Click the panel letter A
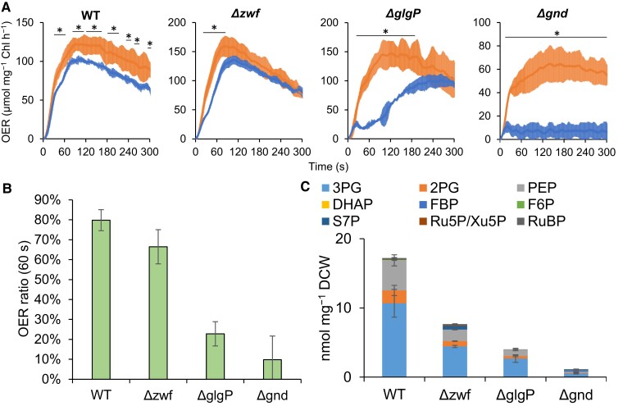pyautogui.click(x=7, y=7)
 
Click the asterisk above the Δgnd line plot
pyautogui.click(x=557, y=34)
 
